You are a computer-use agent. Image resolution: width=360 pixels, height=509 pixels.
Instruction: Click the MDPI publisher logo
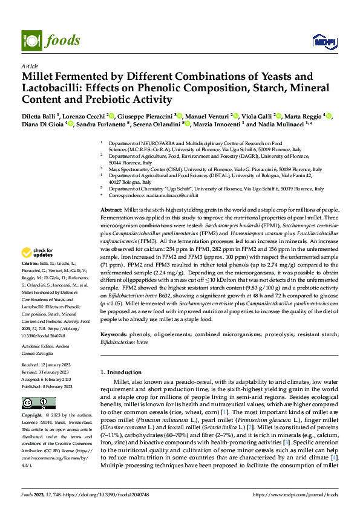point(323,41)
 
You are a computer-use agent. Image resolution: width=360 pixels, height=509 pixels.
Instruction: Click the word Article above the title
point(30,66)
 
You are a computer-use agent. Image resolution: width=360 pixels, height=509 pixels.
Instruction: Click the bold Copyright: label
point(33,416)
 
